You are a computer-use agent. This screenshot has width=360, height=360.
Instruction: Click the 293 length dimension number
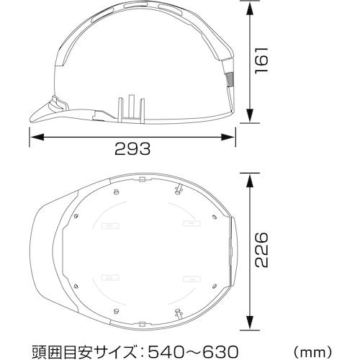[132, 149]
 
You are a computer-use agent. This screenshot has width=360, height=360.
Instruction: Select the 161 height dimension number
[261, 60]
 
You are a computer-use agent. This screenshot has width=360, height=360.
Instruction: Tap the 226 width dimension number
[261, 250]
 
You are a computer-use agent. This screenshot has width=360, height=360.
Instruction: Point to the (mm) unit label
[313, 352]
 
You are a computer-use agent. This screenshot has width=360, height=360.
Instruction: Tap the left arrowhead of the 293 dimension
[37, 138]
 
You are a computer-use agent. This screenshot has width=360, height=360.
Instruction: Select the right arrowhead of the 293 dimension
[228, 138]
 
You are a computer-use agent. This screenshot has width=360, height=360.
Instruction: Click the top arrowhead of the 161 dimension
[250, 9]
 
